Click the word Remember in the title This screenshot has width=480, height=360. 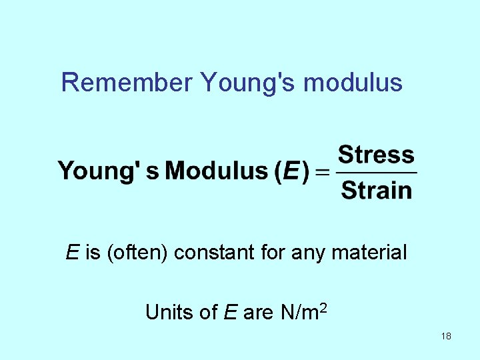127,83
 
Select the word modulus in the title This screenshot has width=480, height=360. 353,83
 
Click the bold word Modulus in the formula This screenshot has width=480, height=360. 216,171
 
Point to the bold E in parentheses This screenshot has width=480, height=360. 291,171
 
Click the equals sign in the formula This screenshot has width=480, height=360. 322,172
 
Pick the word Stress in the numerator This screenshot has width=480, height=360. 377,155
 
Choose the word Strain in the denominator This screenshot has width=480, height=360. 377,190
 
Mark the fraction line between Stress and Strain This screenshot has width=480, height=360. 377,173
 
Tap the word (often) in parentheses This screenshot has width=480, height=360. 136,253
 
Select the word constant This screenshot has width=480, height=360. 214,253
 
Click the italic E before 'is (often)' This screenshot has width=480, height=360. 72,253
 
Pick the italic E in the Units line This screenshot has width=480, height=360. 231,312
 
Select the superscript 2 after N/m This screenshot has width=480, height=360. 322,307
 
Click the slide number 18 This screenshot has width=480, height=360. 446,336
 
